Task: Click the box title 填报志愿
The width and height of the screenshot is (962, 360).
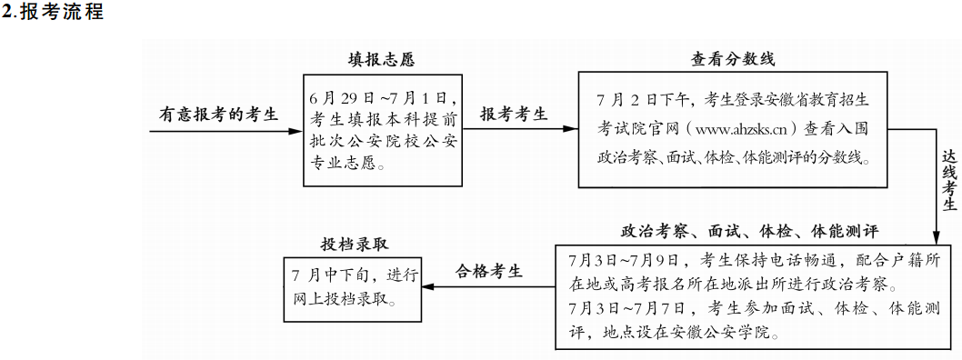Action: click(x=382, y=61)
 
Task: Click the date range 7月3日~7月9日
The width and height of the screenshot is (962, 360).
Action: click(x=619, y=257)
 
